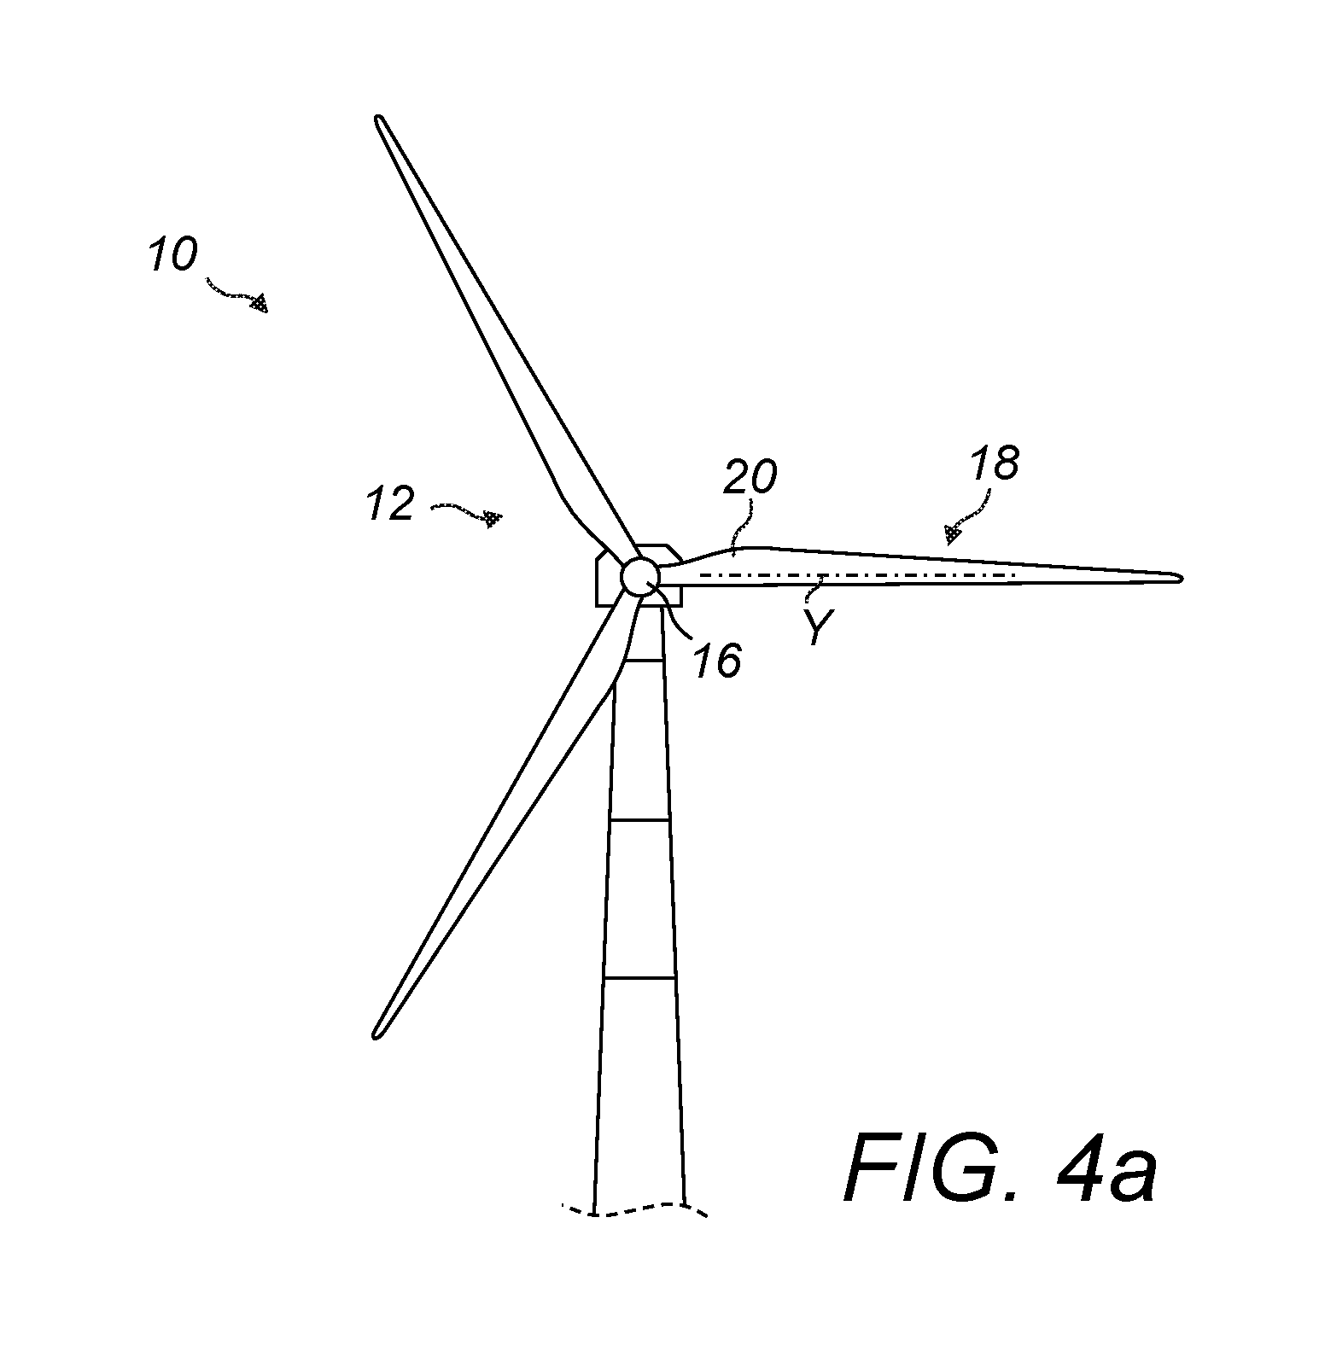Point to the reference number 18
coord(995,463)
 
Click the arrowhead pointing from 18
coord(952,533)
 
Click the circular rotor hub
coord(639,578)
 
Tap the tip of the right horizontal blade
coord(1181,578)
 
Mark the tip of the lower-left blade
coord(376,1035)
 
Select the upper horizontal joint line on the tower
coord(642,661)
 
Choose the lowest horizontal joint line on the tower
coord(639,979)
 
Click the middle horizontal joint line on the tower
coord(640,820)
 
